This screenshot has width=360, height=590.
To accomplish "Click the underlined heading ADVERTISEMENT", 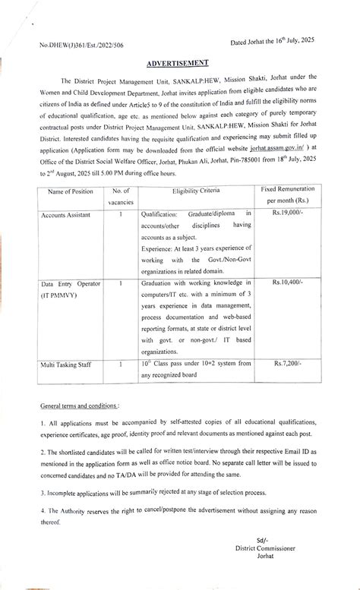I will coord(179,67).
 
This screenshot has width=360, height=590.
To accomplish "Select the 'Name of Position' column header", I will coord(71,193).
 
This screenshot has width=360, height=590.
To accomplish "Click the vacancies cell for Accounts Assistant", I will coord(121,216).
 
